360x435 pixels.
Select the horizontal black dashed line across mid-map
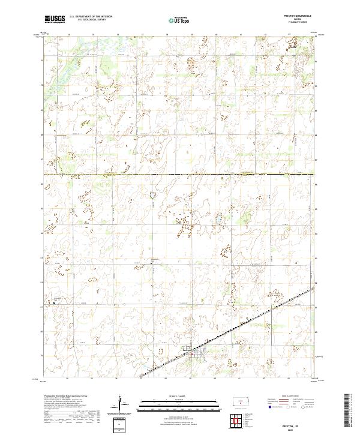tap(180, 174)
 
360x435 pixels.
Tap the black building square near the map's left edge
tap(55, 303)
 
